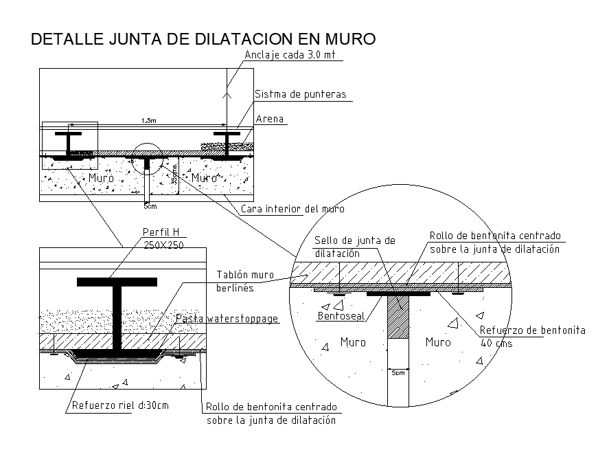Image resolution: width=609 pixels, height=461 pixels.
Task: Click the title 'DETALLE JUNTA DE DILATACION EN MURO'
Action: point(203,39)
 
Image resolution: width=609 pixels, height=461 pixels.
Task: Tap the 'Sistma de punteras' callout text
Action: point(300,94)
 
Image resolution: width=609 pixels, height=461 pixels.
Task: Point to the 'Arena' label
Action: point(269,119)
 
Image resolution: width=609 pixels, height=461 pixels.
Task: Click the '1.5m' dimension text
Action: point(149,121)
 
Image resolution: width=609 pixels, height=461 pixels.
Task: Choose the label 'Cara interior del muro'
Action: point(292,208)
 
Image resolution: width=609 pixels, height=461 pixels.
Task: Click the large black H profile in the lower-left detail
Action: point(117,313)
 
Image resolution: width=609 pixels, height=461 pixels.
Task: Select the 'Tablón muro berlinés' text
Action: point(244,281)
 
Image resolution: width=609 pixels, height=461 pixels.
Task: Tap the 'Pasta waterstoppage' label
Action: point(227,319)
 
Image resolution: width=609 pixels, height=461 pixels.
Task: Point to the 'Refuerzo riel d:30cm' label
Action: point(120,405)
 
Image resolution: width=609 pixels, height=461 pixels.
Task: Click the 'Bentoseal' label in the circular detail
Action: point(340,317)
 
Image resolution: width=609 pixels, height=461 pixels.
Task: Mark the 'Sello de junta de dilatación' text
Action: point(355,247)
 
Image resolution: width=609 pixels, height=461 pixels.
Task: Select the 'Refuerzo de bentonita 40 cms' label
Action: point(532,337)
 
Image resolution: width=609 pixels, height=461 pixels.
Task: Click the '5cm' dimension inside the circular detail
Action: point(398,373)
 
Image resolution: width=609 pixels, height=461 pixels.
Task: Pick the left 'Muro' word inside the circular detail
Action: point(353,342)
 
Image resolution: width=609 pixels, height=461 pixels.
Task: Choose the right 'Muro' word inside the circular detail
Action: point(438,342)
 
